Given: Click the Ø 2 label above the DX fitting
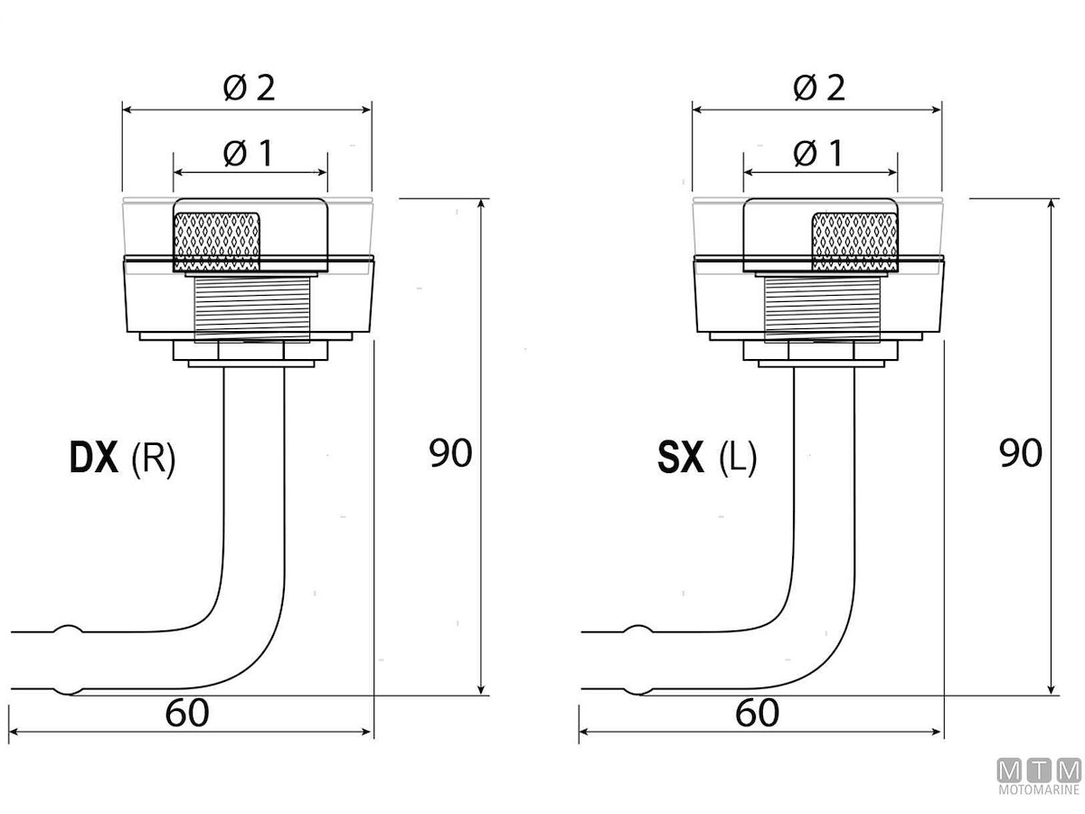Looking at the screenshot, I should pyautogui.click(x=247, y=88).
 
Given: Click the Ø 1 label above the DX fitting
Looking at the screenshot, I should pyautogui.click(x=247, y=154).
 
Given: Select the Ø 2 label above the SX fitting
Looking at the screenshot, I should pyautogui.click(x=817, y=88).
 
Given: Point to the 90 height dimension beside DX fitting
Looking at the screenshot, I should pyautogui.click(x=450, y=453).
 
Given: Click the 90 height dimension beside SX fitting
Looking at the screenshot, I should pyautogui.click(x=1021, y=453).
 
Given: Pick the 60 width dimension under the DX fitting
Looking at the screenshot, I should pyautogui.click(x=187, y=714).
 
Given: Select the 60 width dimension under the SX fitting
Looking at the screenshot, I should pyautogui.click(x=757, y=714).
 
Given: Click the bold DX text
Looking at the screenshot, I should pyautogui.click(x=94, y=459).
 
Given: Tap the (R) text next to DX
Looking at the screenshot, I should pyautogui.click(x=153, y=459).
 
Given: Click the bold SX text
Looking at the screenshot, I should pyautogui.click(x=681, y=459).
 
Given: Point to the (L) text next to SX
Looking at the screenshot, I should pyautogui.click(x=737, y=459).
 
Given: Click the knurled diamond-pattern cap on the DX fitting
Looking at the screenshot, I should pyautogui.click(x=217, y=241).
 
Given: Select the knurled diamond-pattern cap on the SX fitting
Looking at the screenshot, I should pyautogui.click(x=854, y=241).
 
